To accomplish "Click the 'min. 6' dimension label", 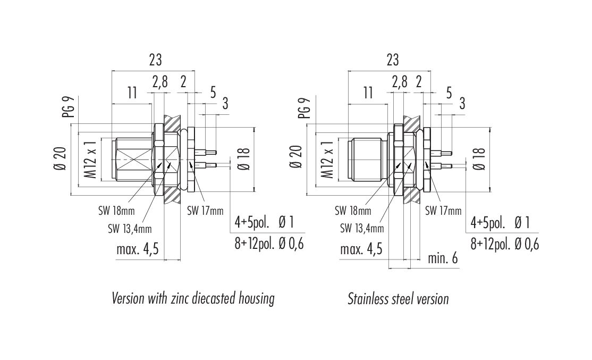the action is tap(443, 258).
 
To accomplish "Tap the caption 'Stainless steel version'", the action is tap(399, 299).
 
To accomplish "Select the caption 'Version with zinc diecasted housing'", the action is tap(193, 298).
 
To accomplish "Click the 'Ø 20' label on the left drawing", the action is tap(61, 158).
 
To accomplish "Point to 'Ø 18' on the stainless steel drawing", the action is tap(479, 158).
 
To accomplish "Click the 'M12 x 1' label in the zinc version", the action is tap(91, 158).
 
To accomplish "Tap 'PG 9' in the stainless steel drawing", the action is tap(304, 108).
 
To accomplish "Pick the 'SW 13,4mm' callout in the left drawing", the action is tap(130, 229).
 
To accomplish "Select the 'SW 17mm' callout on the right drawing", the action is tap(443, 211).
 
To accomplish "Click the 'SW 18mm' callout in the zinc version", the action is tap(116, 211).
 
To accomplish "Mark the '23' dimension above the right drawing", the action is tap(393, 60).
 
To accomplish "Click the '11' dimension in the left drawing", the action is tap(132, 93).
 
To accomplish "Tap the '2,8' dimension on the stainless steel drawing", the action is tap(399, 82).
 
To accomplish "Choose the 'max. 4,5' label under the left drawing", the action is tap(138, 249).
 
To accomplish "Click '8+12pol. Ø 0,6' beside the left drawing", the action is tap(269, 244).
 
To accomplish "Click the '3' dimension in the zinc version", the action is tap(225, 103).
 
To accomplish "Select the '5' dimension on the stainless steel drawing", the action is tap(449, 93).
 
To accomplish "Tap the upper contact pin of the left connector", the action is tap(206, 153).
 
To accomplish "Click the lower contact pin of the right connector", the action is tap(443, 165).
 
